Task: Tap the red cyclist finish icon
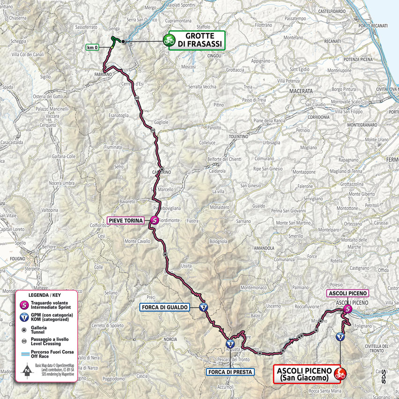340,374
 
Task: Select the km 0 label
92,47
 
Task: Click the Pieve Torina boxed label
125,220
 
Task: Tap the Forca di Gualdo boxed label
164,307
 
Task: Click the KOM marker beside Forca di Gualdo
203,307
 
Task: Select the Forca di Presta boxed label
229,372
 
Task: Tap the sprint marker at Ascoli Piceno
347,309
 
